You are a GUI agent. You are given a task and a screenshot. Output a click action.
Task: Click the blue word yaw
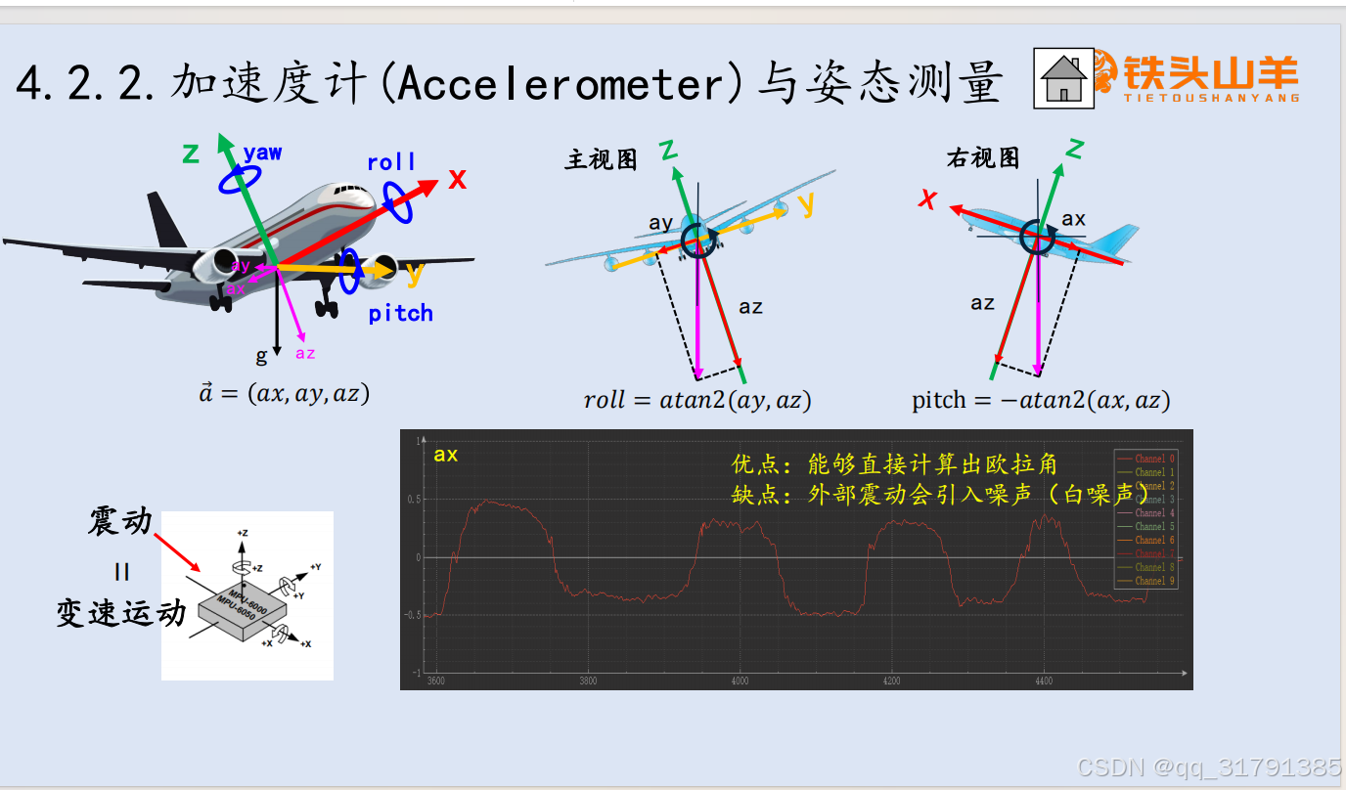262,153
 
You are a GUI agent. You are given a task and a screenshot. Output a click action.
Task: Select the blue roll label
391,162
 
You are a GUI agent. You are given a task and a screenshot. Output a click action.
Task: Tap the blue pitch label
400,313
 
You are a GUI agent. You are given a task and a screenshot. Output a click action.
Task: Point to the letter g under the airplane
261,355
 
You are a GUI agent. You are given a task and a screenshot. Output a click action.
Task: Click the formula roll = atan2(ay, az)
696,400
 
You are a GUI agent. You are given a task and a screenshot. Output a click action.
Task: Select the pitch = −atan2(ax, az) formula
1041,400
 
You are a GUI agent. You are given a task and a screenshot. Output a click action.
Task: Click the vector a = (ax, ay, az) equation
284,394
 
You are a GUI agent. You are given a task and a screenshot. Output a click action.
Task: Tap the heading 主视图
601,159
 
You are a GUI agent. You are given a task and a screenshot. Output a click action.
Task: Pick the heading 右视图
982,158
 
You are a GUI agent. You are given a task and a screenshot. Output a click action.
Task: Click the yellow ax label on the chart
446,455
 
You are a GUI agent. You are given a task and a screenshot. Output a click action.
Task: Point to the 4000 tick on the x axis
740,680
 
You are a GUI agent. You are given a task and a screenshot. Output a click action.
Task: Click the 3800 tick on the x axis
588,680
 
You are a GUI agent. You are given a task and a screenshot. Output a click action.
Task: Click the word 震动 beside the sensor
120,521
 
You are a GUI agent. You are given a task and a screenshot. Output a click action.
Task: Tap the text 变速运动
120,613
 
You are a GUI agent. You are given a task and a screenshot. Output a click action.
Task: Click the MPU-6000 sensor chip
244,609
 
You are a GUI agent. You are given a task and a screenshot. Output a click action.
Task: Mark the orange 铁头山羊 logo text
1210,74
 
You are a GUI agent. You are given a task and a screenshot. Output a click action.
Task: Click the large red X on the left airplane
457,179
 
